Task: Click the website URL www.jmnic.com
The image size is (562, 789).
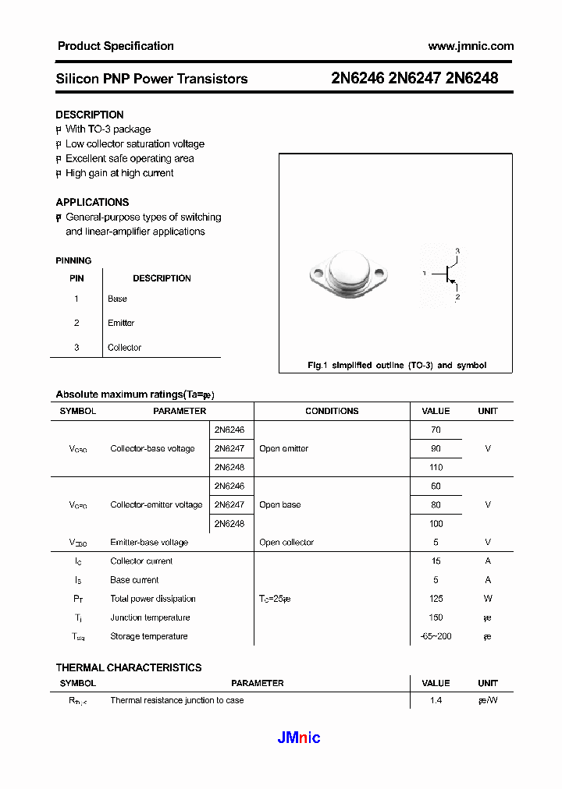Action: (x=471, y=46)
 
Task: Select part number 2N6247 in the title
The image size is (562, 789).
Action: (x=414, y=78)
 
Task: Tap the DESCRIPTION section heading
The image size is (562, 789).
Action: (x=90, y=115)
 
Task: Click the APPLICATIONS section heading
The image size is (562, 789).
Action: (x=92, y=202)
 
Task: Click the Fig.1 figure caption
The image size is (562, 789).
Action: (x=397, y=365)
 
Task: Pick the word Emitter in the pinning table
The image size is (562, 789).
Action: (x=121, y=323)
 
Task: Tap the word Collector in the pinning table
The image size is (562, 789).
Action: (x=124, y=348)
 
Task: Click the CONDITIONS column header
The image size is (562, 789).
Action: (x=332, y=411)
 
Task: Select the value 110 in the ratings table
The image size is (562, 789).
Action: (x=436, y=468)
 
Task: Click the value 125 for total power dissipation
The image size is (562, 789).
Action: (x=436, y=599)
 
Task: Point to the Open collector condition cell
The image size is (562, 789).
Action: (x=286, y=543)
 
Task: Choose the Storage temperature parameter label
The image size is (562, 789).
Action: (x=149, y=636)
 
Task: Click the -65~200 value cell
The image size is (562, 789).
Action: (x=436, y=636)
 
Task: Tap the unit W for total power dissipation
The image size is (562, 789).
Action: (x=488, y=599)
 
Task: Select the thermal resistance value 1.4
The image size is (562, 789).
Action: (x=436, y=700)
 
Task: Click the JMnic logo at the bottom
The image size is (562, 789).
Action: (x=299, y=738)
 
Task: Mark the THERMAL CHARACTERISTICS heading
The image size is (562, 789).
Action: (x=129, y=667)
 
